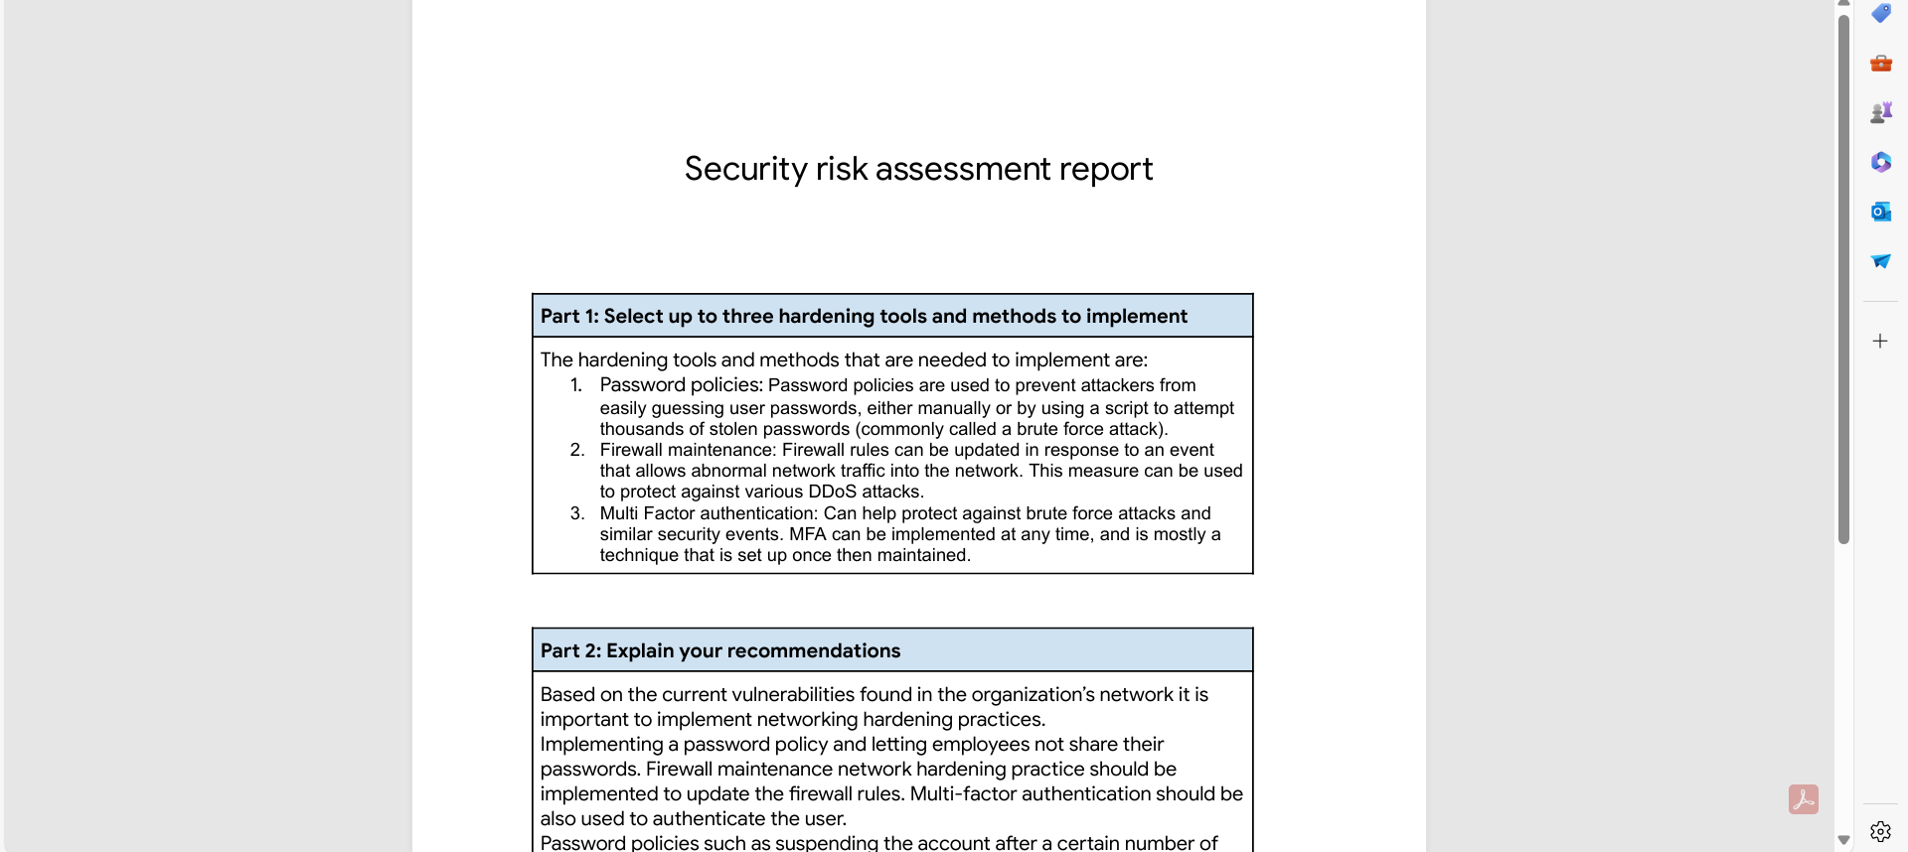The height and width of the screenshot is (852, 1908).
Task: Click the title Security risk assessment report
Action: pyautogui.click(x=918, y=169)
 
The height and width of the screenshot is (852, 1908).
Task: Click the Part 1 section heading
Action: pyautogui.click(x=863, y=316)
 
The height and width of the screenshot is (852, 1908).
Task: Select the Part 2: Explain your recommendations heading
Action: pyautogui.click(x=719, y=650)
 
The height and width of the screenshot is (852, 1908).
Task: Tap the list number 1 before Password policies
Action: pyautogui.click(x=576, y=385)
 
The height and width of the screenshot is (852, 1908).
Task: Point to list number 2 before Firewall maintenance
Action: pyautogui.click(x=576, y=450)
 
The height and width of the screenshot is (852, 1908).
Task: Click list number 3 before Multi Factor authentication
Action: pyautogui.click(x=576, y=513)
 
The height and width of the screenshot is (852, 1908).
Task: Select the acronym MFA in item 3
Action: pyautogui.click(x=807, y=534)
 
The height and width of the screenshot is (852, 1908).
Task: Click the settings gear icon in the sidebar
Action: pyautogui.click(x=1880, y=831)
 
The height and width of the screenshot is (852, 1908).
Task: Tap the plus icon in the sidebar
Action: pyautogui.click(x=1880, y=341)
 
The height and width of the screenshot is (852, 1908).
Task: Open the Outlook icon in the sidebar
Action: pyautogui.click(x=1880, y=212)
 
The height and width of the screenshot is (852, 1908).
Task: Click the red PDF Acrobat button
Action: pyautogui.click(x=1804, y=799)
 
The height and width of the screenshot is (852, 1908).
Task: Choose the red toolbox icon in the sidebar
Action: pyautogui.click(x=1880, y=64)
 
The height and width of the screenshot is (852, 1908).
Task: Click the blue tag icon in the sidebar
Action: pyautogui.click(x=1880, y=13)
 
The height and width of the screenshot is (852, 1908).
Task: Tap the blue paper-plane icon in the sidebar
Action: pyautogui.click(x=1880, y=261)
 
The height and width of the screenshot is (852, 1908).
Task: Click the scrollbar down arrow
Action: pyautogui.click(x=1844, y=840)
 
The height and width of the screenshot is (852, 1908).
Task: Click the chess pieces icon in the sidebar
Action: pyautogui.click(x=1880, y=112)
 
